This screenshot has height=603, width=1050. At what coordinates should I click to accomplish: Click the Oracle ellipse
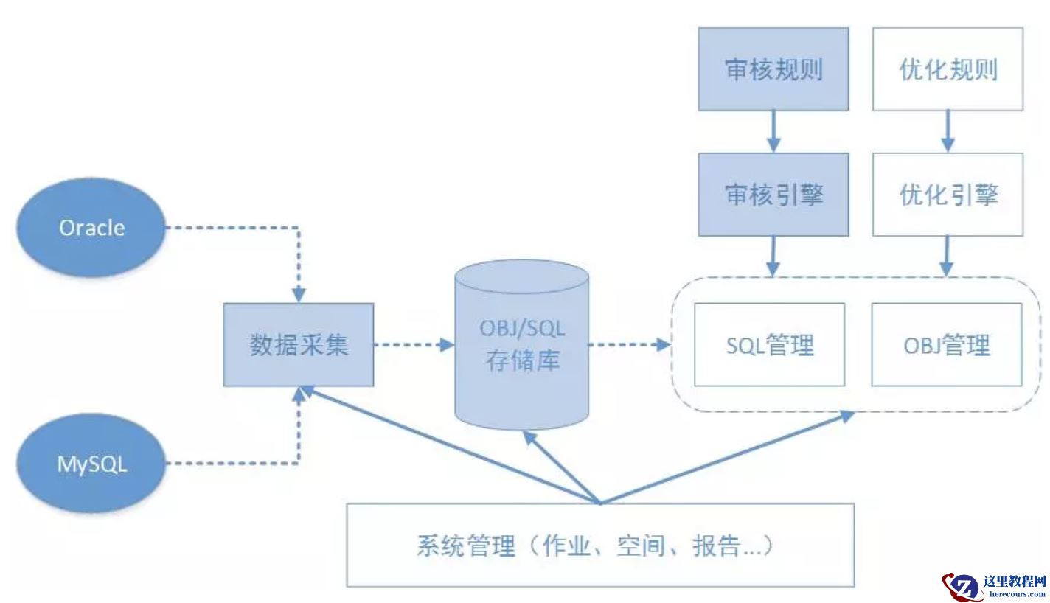click(x=92, y=228)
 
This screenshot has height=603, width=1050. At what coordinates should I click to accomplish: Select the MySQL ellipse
click(x=92, y=464)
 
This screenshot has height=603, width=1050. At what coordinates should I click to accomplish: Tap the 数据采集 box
click(x=299, y=344)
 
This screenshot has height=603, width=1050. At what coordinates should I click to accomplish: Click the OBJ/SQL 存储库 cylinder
click(x=522, y=344)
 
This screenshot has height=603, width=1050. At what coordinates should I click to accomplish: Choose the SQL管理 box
click(x=770, y=344)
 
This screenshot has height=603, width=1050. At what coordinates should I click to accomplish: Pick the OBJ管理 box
click(x=947, y=344)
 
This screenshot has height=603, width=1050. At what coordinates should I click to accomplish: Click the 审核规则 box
click(x=773, y=69)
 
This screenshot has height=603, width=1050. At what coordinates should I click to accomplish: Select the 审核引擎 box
click(x=773, y=195)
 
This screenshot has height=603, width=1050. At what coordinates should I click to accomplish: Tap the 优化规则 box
click(x=948, y=69)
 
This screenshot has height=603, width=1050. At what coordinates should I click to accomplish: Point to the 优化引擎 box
click(x=948, y=195)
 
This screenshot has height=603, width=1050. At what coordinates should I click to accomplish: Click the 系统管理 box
click(x=600, y=546)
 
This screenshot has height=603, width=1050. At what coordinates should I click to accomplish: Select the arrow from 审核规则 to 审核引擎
click(x=773, y=132)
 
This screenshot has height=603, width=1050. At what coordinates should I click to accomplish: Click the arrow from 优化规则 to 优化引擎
click(x=948, y=132)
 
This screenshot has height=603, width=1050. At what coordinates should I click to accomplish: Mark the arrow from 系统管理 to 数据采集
click(x=450, y=447)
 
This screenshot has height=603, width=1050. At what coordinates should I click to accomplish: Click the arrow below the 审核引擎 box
click(x=773, y=257)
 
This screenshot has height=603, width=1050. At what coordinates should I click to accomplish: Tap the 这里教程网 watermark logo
click(x=995, y=586)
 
